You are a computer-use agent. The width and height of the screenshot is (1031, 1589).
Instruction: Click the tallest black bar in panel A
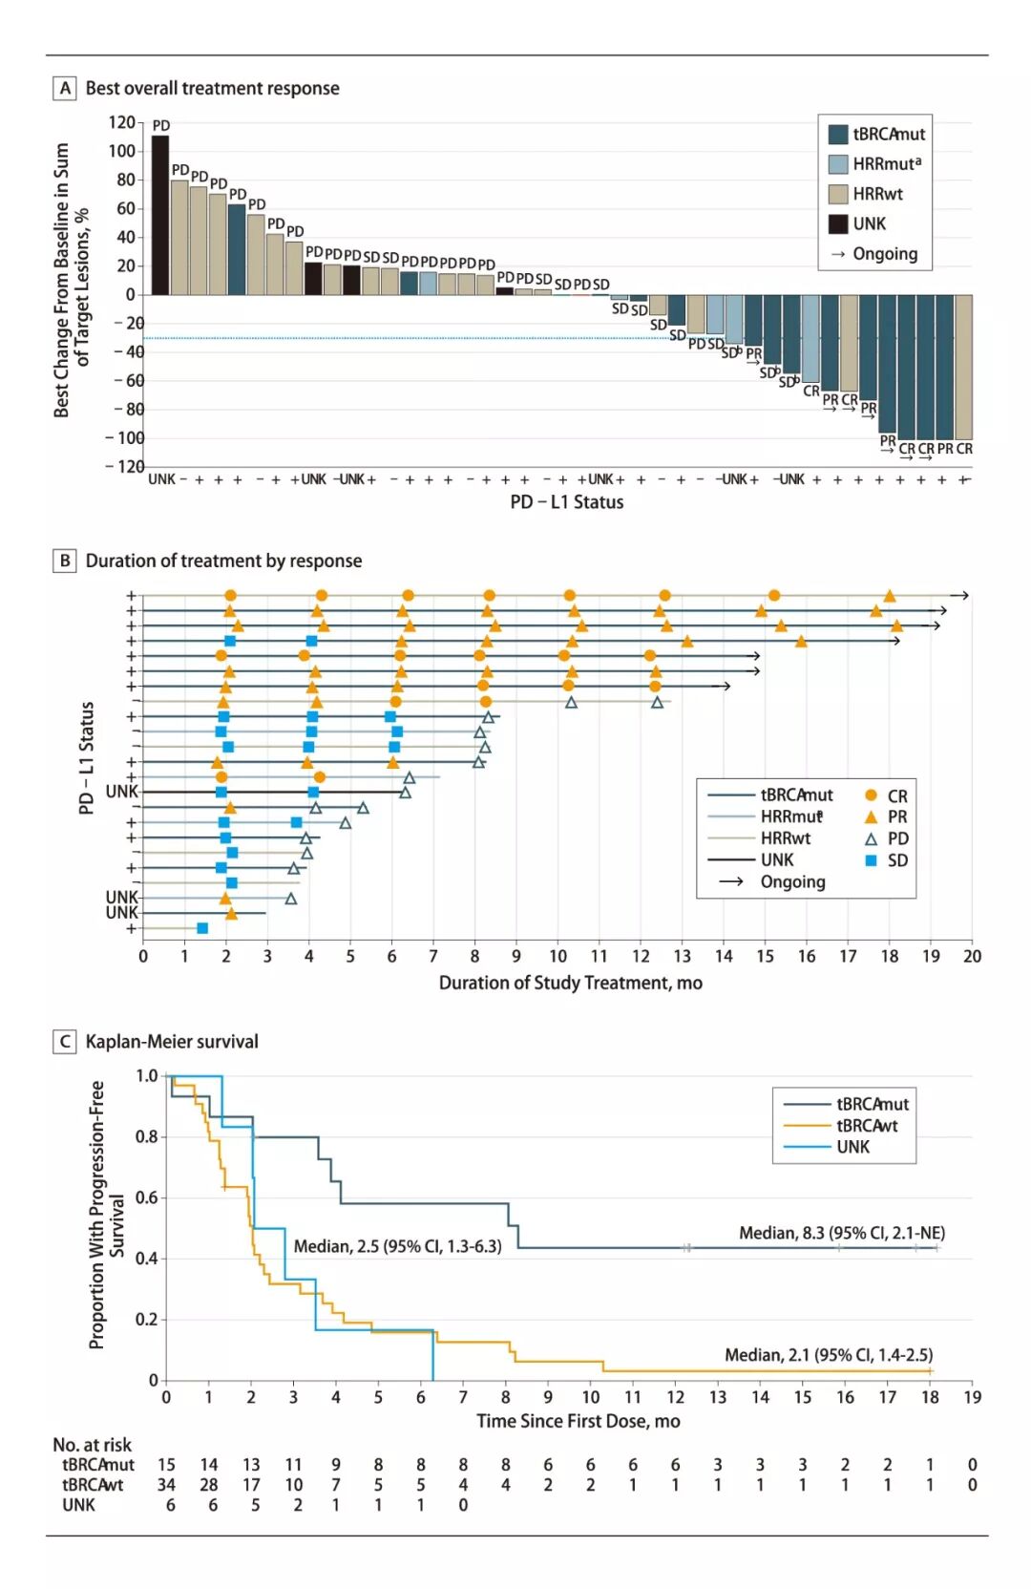point(160,215)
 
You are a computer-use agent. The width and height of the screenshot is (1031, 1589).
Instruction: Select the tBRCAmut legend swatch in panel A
point(838,135)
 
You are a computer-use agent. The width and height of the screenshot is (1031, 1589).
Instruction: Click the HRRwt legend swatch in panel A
point(838,194)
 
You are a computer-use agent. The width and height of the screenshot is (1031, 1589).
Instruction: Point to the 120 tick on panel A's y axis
point(122,122)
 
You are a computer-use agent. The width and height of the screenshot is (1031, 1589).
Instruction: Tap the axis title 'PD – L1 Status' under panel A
point(566,502)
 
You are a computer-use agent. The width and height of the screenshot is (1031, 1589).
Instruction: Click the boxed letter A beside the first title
point(65,89)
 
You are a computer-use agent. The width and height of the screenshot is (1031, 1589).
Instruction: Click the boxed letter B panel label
point(65,561)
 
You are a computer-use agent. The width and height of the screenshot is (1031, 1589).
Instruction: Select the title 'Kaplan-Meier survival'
point(172,1042)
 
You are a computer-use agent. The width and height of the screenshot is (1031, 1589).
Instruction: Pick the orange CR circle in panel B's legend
point(871,795)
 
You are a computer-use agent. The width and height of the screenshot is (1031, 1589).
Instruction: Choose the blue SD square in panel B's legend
point(871,860)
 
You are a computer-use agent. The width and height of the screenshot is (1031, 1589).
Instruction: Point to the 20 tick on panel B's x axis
point(972,956)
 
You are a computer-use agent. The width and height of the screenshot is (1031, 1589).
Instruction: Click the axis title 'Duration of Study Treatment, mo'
point(570,983)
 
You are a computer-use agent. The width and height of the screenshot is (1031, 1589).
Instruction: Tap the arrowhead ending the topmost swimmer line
point(964,596)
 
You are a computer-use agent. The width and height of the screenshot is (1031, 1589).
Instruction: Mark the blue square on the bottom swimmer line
point(202,928)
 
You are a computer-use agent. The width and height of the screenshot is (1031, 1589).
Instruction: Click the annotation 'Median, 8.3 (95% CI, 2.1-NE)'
point(842,1233)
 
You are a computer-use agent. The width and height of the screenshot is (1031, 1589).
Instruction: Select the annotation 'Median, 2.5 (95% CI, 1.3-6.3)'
point(397,1246)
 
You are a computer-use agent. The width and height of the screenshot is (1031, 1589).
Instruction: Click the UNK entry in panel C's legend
point(852,1147)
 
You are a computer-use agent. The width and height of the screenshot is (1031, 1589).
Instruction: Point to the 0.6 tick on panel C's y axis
point(147,1197)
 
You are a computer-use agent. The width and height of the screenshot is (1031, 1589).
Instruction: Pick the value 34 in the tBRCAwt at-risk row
point(166,1485)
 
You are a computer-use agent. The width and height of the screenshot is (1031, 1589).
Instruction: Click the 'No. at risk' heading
point(92,1445)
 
